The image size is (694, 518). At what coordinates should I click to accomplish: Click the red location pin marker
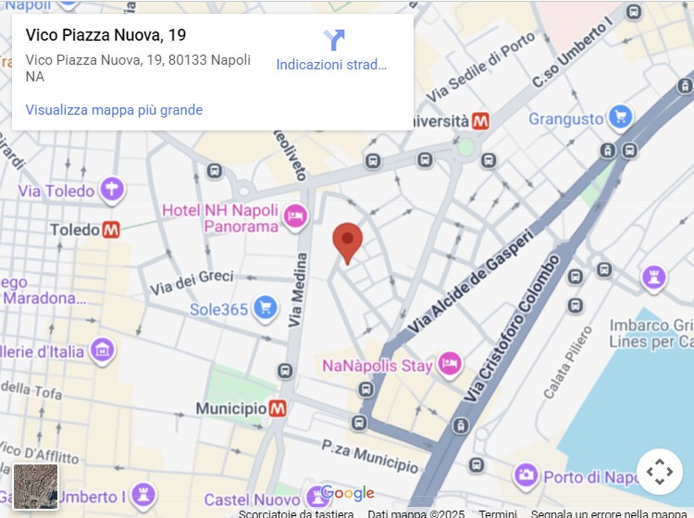point(347,240)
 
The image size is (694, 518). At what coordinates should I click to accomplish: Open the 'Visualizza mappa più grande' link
point(114,110)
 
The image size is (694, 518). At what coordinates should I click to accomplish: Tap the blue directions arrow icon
point(334,40)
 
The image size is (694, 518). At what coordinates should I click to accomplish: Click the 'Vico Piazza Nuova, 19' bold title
point(105,35)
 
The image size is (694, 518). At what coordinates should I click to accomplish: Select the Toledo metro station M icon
point(111,228)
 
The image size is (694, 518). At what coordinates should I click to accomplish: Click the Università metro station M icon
point(480,121)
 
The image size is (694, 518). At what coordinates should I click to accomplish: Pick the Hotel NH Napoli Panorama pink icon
point(295,216)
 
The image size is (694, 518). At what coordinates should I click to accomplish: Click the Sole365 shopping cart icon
point(266,308)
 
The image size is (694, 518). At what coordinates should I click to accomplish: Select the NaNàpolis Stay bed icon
point(450,364)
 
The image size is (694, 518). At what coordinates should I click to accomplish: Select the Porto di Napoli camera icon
point(526,476)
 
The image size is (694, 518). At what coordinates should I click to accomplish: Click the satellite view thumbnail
point(36,487)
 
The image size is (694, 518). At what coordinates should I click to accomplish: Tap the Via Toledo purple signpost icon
point(111,190)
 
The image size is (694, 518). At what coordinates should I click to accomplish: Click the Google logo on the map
point(348,493)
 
